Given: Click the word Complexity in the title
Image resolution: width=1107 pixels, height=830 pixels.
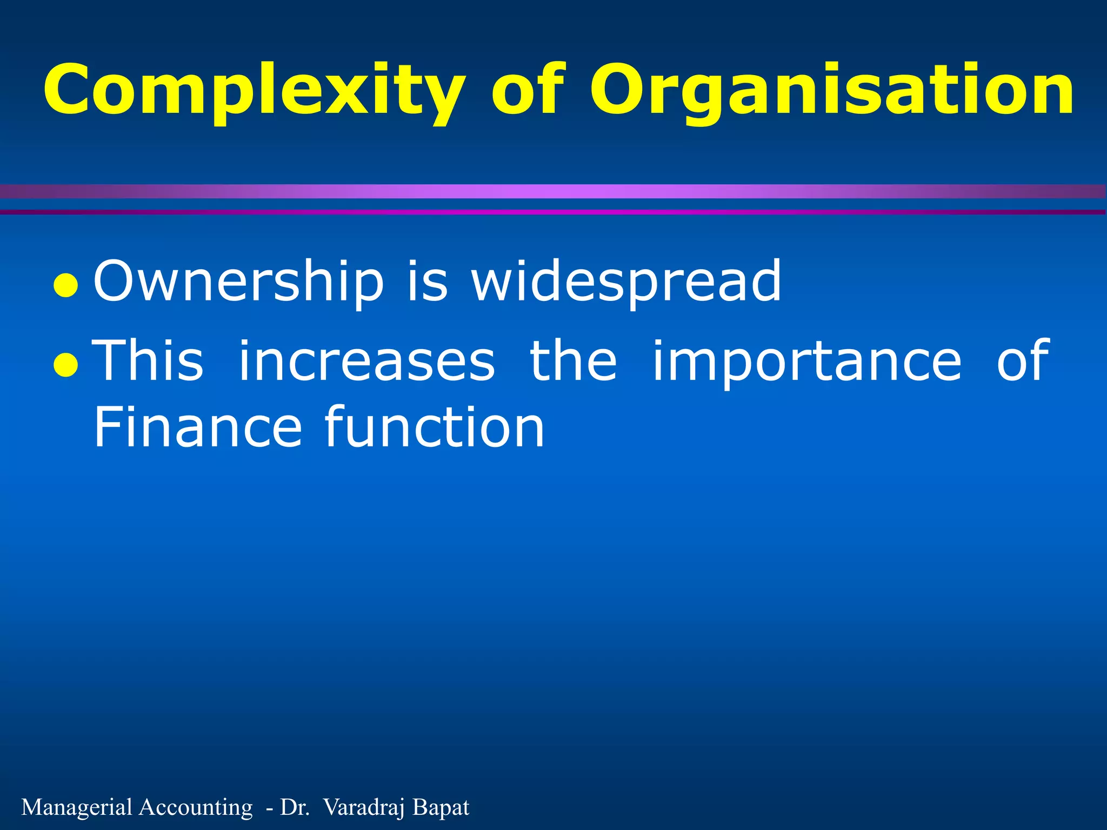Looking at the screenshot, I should click(x=254, y=91).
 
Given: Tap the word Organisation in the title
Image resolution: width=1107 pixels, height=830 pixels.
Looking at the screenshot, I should click(x=831, y=91).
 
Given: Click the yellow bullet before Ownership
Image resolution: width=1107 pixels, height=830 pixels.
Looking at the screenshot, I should click(x=66, y=286).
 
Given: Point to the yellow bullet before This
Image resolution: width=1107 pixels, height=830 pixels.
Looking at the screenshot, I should click(x=66, y=366).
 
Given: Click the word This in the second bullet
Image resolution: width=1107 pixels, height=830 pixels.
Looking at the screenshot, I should click(x=149, y=360).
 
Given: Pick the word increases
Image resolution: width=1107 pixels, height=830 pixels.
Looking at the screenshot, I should click(x=366, y=360).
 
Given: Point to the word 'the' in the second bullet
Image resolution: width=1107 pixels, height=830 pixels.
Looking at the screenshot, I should click(x=573, y=360).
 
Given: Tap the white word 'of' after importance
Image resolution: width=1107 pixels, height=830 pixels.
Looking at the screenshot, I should click(x=1023, y=360).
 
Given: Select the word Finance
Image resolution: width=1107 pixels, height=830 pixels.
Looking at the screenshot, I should click(x=197, y=427).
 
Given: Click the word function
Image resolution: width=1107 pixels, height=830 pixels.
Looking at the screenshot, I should click(x=435, y=427).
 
